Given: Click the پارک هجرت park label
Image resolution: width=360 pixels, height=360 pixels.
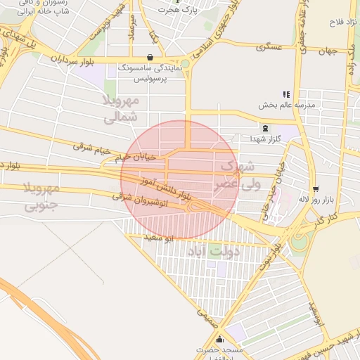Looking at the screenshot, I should tap(181, 10).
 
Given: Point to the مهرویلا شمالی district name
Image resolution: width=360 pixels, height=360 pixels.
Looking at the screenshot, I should tap(120, 110).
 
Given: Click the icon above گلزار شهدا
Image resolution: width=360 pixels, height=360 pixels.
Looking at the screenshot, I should tap(265, 128).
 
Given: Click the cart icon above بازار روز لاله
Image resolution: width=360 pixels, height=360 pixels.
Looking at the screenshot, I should tap(316, 188).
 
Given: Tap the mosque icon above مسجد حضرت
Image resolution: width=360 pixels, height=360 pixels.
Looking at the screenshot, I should tap(220, 340).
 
